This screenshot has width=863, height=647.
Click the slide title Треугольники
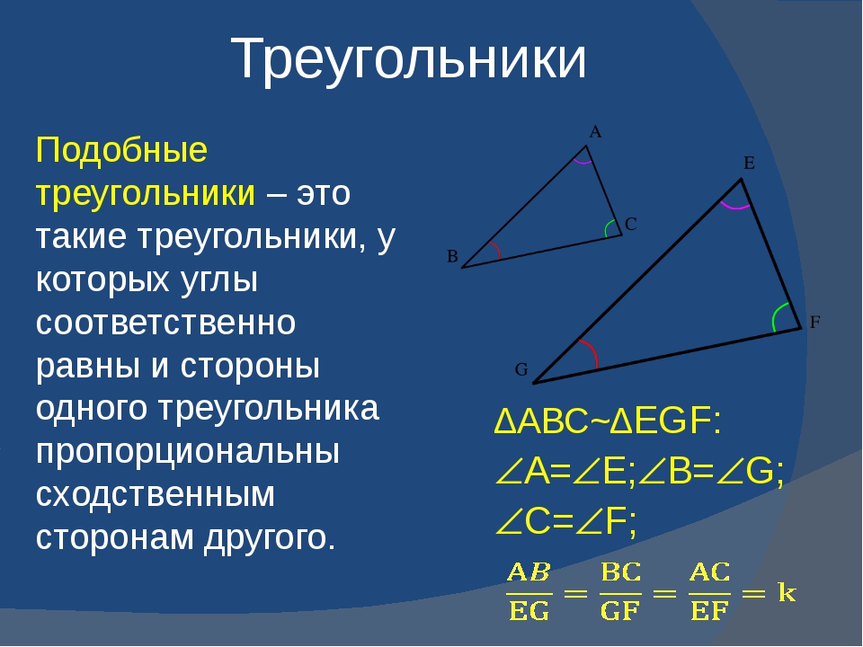coord(408,60)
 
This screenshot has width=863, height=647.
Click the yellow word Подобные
coord(121,150)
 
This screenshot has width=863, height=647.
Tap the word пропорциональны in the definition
coord(188,453)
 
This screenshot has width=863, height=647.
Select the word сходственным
coord(156,494)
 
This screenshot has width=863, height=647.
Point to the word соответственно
coord(165,323)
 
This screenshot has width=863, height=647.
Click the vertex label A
coord(595,132)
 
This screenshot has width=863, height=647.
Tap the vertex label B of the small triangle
coord(452,256)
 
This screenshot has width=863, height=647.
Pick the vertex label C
coord(631,224)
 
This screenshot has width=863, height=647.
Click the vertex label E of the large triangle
coord(749,163)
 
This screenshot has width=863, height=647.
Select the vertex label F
coord(815,322)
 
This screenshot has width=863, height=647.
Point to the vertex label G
coord(521,369)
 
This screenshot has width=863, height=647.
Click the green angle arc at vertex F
coord(776,315)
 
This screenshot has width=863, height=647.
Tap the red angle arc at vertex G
coord(592,351)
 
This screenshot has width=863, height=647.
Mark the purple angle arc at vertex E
coord(735,208)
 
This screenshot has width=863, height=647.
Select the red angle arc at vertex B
coord(497,249)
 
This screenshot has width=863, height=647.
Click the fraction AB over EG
coord(529,592)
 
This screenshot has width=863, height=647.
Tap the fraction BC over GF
coord(620,592)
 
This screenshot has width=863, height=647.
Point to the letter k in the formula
coord(787,592)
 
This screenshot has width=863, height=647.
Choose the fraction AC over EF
coord(709,592)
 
